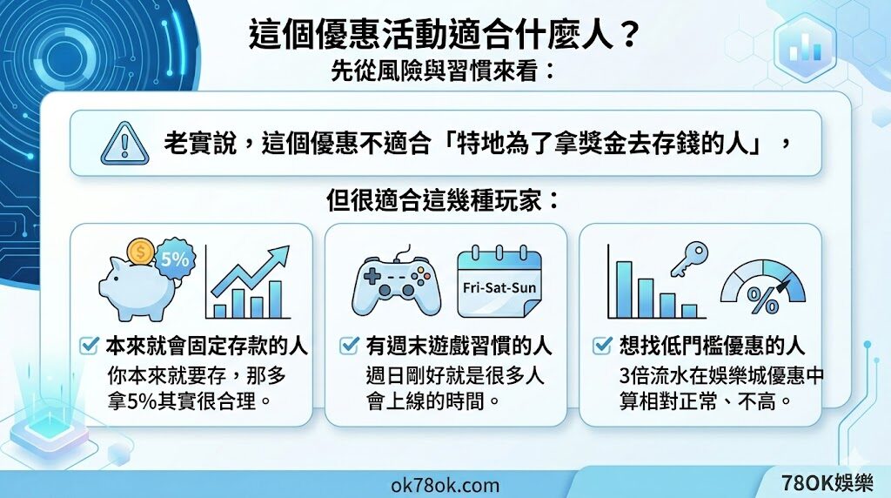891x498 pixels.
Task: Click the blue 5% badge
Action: tap(176, 259)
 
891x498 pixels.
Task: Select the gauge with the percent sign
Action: tap(763, 286)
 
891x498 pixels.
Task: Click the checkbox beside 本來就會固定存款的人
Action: tap(88, 347)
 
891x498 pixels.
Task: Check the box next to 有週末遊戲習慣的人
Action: tap(345, 347)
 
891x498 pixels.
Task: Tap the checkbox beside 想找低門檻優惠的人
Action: tap(601, 347)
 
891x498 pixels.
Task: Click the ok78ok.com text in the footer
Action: tap(446, 484)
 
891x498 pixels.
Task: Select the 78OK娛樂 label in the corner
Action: tap(828, 483)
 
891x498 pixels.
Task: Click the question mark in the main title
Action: tap(632, 37)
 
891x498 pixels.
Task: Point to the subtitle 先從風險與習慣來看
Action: tap(444, 70)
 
